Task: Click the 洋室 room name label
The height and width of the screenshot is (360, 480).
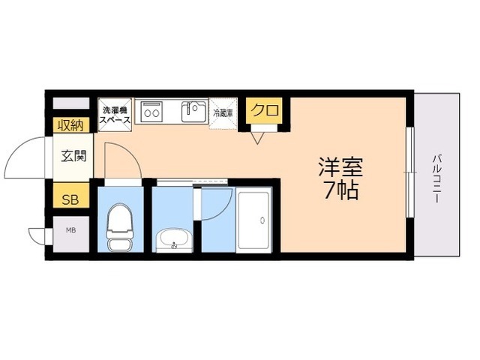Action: (341, 164)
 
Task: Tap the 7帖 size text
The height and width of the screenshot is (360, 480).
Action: (341, 190)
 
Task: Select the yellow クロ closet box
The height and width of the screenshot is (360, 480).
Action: (265, 111)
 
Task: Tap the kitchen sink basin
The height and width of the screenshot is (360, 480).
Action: (193, 112)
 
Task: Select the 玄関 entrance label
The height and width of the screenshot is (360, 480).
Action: (73, 157)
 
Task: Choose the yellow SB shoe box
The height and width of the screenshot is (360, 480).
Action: (70, 199)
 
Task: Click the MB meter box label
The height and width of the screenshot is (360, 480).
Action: (70, 230)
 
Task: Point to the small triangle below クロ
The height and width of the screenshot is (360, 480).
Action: (258, 137)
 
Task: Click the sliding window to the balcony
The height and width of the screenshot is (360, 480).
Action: (409, 172)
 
